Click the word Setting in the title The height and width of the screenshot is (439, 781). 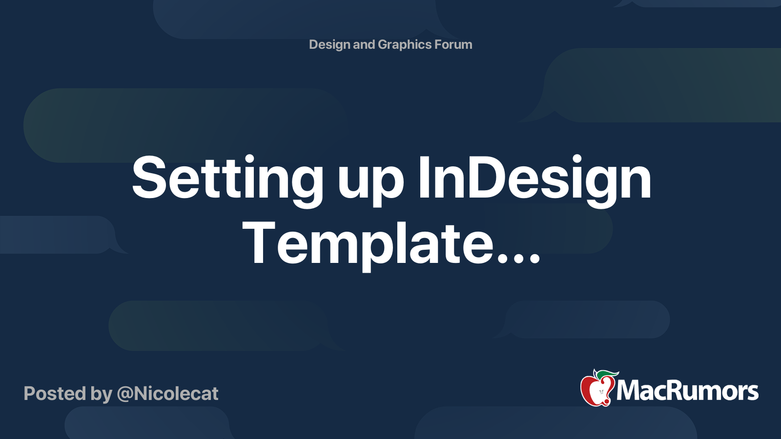pyautogui.click(x=227, y=179)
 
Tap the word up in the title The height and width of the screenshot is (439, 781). pyautogui.click(x=371, y=181)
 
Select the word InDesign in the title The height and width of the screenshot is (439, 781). pyautogui.click(x=534, y=179)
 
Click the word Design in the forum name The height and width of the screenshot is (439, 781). pyautogui.click(x=329, y=44)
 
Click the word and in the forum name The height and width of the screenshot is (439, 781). pyautogui.click(x=364, y=44)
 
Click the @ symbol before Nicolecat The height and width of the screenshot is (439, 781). pyautogui.click(x=125, y=394)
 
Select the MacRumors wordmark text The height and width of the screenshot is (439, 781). pyautogui.click(x=687, y=391)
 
